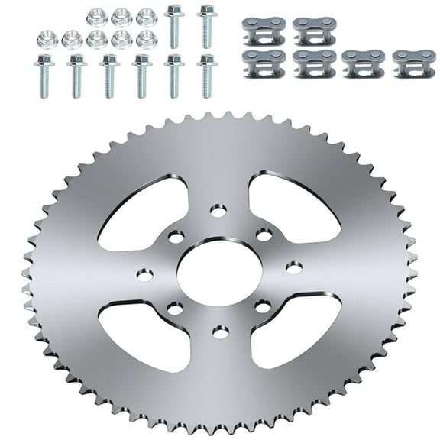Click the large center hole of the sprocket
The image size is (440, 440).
pyautogui.click(x=219, y=273)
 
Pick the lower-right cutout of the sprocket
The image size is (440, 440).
pyautogui.click(x=294, y=334)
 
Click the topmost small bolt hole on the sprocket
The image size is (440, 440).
pyautogui.click(x=219, y=209)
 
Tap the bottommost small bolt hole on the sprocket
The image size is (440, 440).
pyautogui.click(x=220, y=332)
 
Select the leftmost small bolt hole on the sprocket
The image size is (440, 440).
pyautogui.click(x=145, y=273)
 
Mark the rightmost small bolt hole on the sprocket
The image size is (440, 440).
pyautogui.click(x=293, y=267)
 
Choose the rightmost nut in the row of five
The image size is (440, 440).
pyautogui.click(x=145, y=38)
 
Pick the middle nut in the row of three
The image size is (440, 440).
pyautogui.click(x=121, y=17)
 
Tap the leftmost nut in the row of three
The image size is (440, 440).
pyautogui.click(x=97, y=17)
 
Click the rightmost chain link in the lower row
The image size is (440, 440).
pyautogui.click(x=414, y=64)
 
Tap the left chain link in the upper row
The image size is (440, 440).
pyautogui.click(x=264, y=31)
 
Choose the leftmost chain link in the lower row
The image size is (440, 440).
pyautogui.click(x=264, y=64)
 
